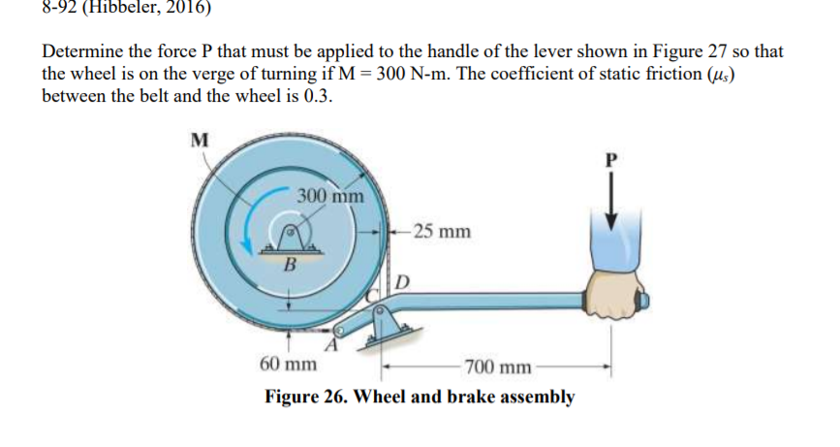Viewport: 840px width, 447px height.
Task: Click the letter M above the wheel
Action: (x=200, y=139)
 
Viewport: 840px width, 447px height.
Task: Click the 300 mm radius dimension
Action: (x=330, y=195)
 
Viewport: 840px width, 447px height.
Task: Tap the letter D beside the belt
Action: (x=403, y=282)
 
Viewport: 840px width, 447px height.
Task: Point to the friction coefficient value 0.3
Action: (x=318, y=97)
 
